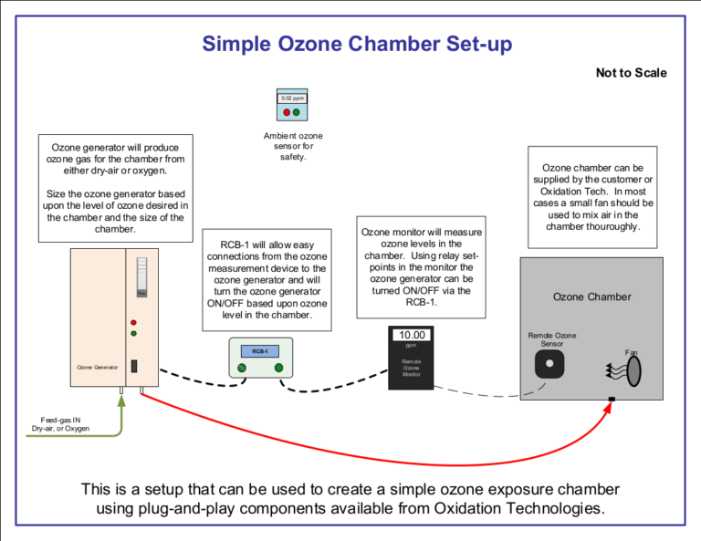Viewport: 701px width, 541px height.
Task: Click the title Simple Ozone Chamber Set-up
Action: (x=357, y=44)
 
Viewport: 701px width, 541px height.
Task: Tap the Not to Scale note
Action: (x=631, y=73)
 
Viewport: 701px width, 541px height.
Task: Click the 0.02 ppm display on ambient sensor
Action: (x=292, y=98)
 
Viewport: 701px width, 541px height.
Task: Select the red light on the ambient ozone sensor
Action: (x=287, y=112)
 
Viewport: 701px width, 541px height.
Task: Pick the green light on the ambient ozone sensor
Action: (x=297, y=112)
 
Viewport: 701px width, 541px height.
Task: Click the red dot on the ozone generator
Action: (x=134, y=322)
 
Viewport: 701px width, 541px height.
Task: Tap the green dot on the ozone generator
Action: (x=134, y=334)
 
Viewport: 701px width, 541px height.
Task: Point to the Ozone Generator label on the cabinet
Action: (x=98, y=367)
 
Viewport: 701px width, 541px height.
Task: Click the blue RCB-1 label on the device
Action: (x=259, y=350)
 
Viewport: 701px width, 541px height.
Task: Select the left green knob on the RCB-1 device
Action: (x=241, y=368)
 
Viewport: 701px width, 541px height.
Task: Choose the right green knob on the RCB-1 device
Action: (x=278, y=368)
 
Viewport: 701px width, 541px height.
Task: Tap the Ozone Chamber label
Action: (x=591, y=297)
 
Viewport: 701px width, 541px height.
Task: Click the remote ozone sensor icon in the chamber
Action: (x=549, y=363)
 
